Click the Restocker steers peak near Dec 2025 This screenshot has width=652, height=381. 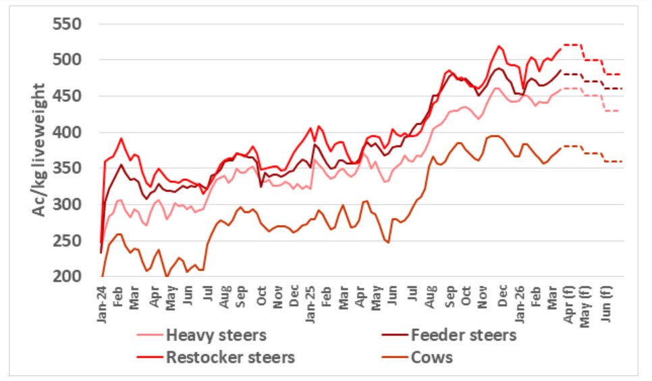(499, 46)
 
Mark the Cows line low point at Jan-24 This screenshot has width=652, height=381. (103, 276)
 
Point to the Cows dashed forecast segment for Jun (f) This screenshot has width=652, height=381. (612, 161)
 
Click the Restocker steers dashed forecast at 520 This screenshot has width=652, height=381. (572, 45)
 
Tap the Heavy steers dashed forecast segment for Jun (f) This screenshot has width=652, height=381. (612, 111)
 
